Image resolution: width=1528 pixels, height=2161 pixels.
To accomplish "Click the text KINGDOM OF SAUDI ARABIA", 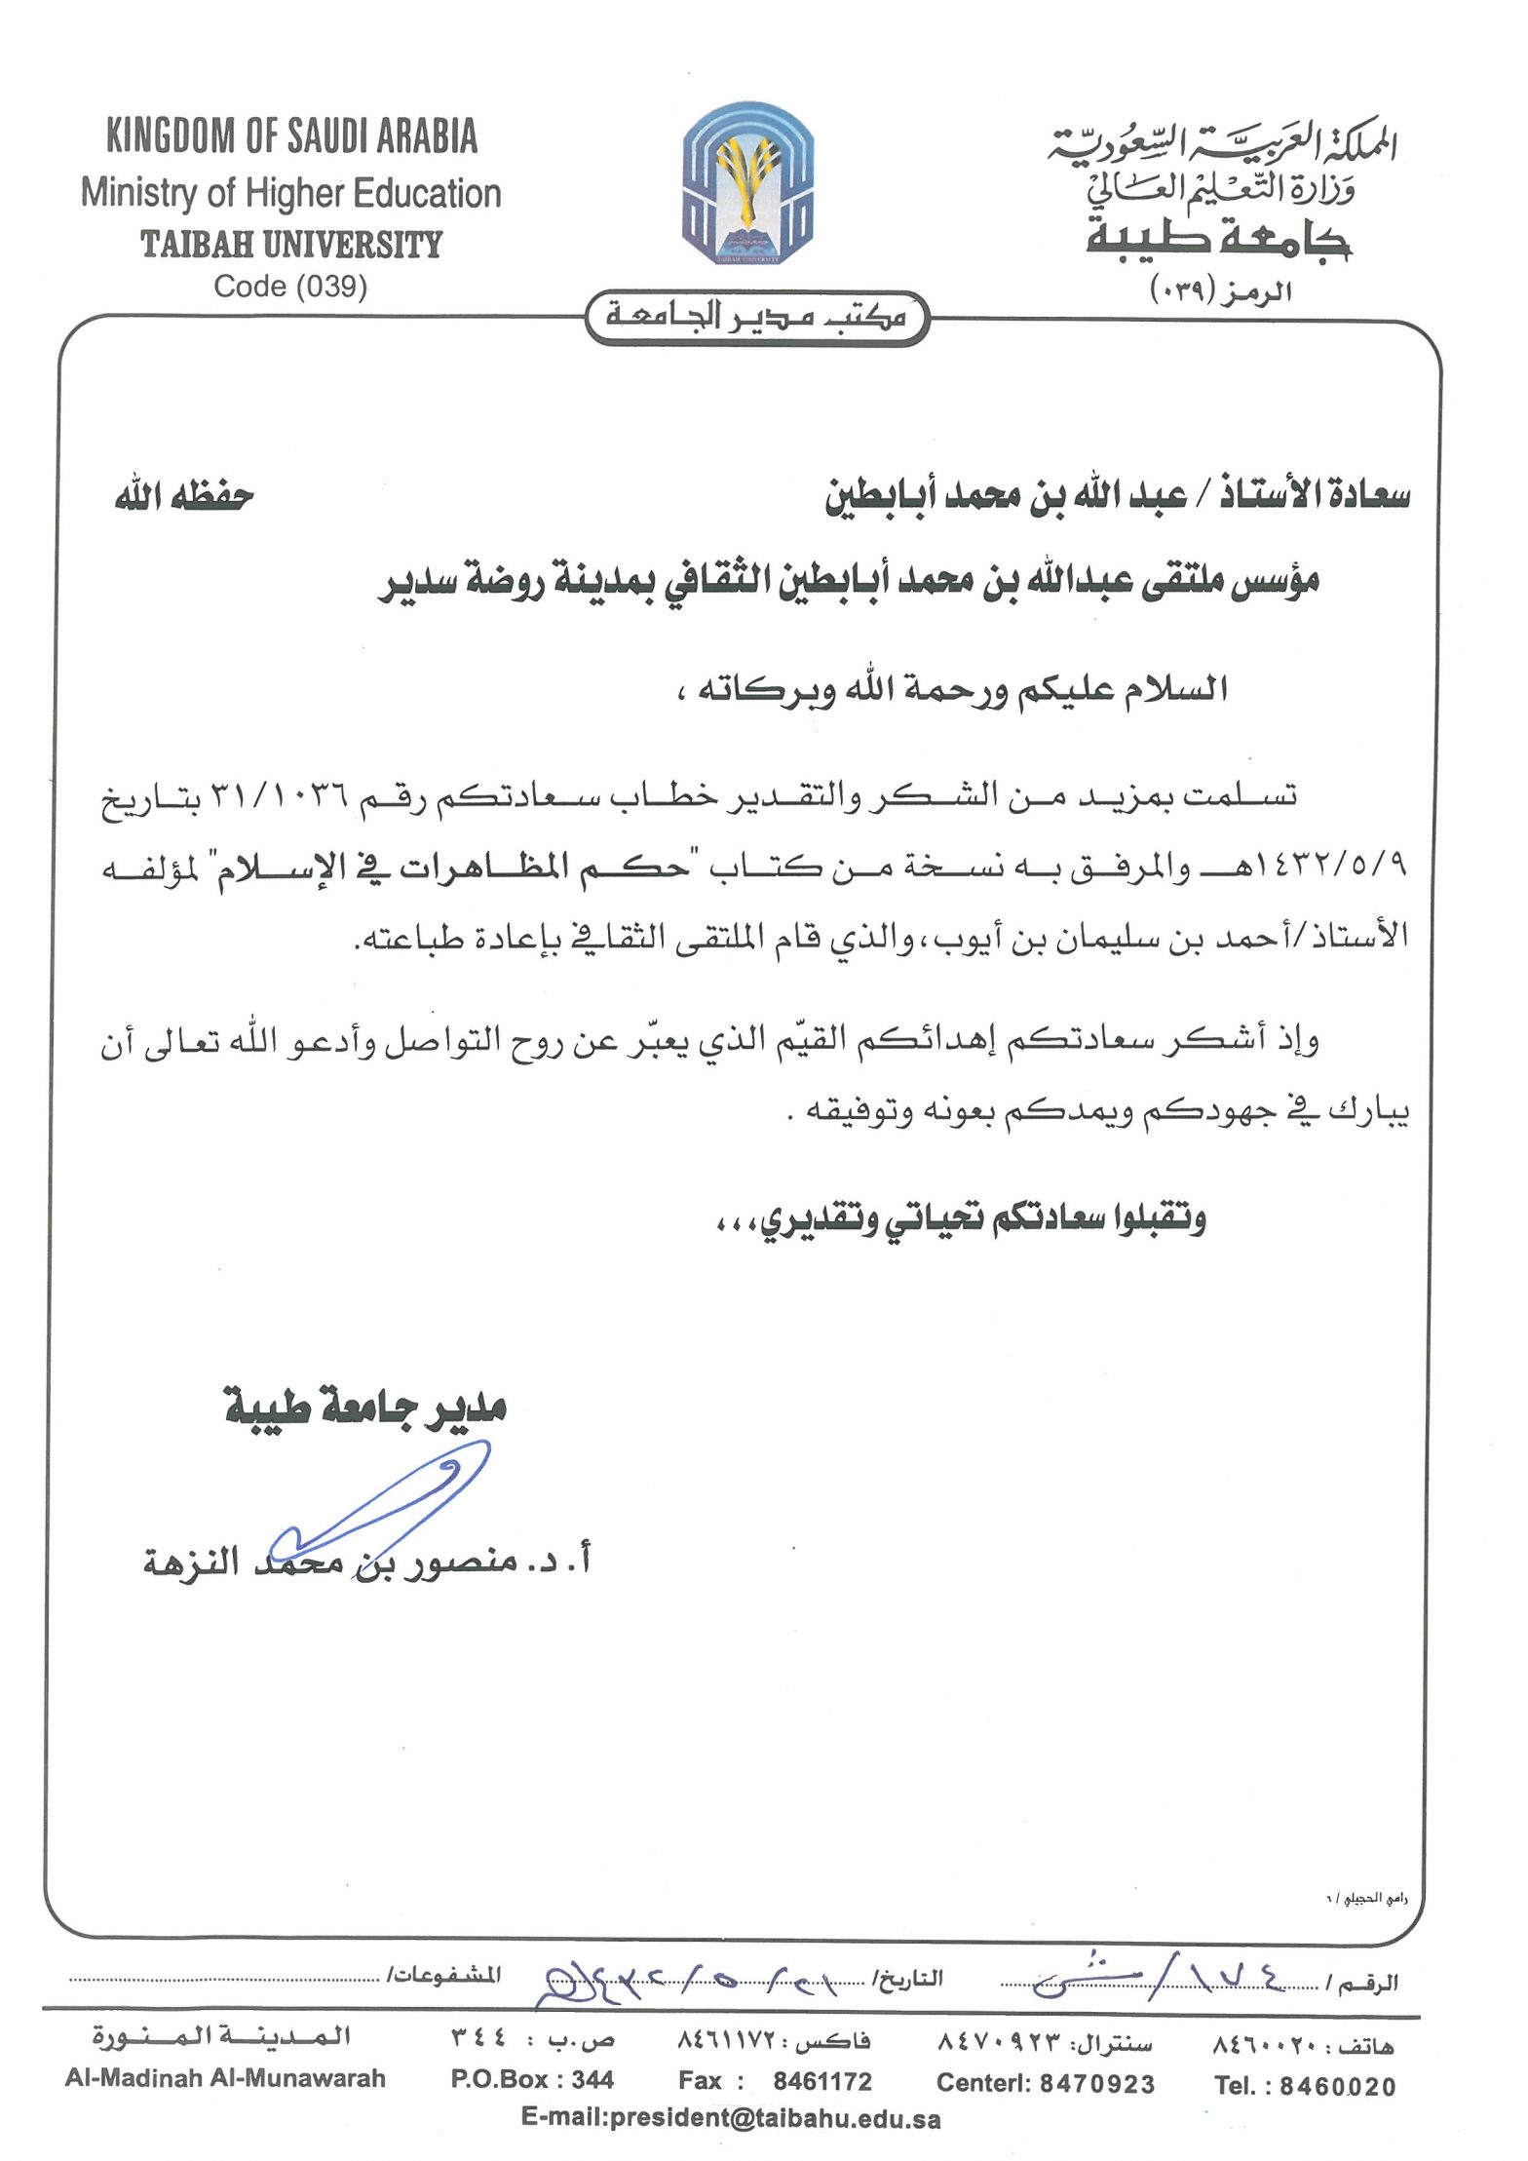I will click(291, 136).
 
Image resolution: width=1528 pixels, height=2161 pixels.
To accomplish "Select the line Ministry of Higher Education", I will click(290, 193).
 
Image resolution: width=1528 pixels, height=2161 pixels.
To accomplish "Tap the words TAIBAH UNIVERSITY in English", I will click(291, 244).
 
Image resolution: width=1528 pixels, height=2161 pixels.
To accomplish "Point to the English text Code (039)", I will click(290, 287).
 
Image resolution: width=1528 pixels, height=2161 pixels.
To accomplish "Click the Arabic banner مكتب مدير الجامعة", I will click(756, 317).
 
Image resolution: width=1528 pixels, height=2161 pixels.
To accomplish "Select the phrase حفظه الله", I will click(184, 497).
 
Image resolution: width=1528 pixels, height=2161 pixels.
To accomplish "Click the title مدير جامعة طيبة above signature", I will click(365, 1407).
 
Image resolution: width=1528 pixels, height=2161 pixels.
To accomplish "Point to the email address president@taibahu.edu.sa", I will click(731, 2118).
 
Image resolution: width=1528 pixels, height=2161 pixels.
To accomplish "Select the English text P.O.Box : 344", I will click(532, 2080).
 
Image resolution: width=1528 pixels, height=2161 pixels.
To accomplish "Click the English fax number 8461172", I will click(822, 2081).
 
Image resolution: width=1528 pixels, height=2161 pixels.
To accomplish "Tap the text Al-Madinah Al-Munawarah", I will click(225, 2079).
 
